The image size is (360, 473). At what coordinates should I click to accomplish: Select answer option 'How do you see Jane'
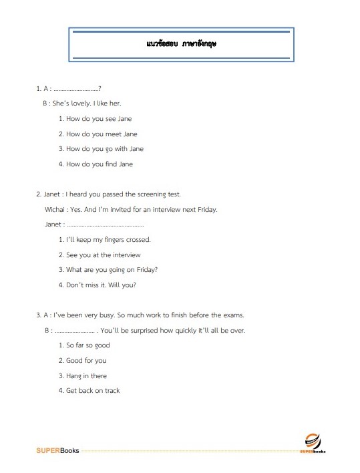click(x=99, y=119)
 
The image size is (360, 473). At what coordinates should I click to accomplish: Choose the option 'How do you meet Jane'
click(x=102, y=134)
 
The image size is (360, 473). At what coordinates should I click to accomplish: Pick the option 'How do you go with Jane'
click(x=105, y=149)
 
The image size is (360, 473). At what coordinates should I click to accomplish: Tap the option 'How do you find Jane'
click(x=100, y=164)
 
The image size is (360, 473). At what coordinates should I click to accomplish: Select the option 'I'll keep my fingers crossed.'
click(x=108, y=239)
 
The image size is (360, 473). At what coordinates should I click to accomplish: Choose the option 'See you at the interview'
click(x=104, y=255)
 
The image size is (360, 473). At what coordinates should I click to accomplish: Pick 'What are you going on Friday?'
click(x=112, y=270)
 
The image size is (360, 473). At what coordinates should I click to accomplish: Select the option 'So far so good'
click(x=87, y=345)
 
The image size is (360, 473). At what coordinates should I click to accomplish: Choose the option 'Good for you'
click(x=86, y=361)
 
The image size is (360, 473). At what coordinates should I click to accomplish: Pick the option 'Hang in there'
click(x=86, y=376)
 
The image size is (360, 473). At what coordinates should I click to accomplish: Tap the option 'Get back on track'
click(x=93, y=391)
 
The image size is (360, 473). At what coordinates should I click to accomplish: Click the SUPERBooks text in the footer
click(x=57, y=450)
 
